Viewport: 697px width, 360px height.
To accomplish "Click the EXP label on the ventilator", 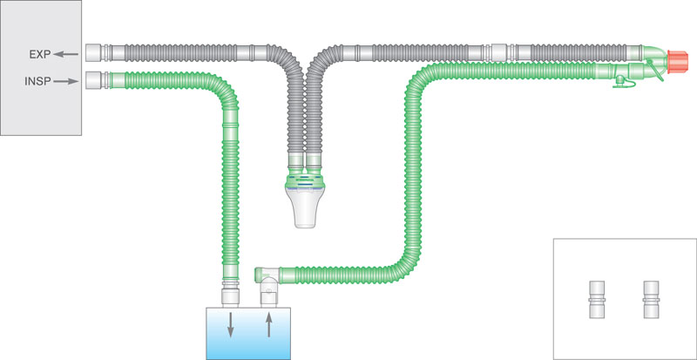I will [x=39, y=55].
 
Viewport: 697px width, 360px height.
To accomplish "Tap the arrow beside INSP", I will [x=67, y=83].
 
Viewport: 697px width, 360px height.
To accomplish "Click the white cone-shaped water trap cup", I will [x=308, y=209].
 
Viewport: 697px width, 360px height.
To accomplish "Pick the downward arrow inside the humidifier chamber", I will [x=231, y=325].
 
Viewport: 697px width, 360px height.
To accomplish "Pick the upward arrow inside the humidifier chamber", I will [x=268, y=325].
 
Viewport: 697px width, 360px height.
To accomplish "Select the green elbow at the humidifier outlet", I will [x=267, y=279].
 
